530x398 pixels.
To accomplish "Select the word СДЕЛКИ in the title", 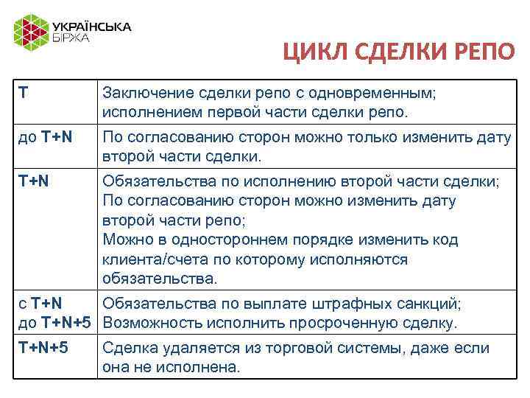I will click(396, 54).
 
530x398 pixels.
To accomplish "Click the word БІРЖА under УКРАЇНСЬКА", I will click(70, 38).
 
